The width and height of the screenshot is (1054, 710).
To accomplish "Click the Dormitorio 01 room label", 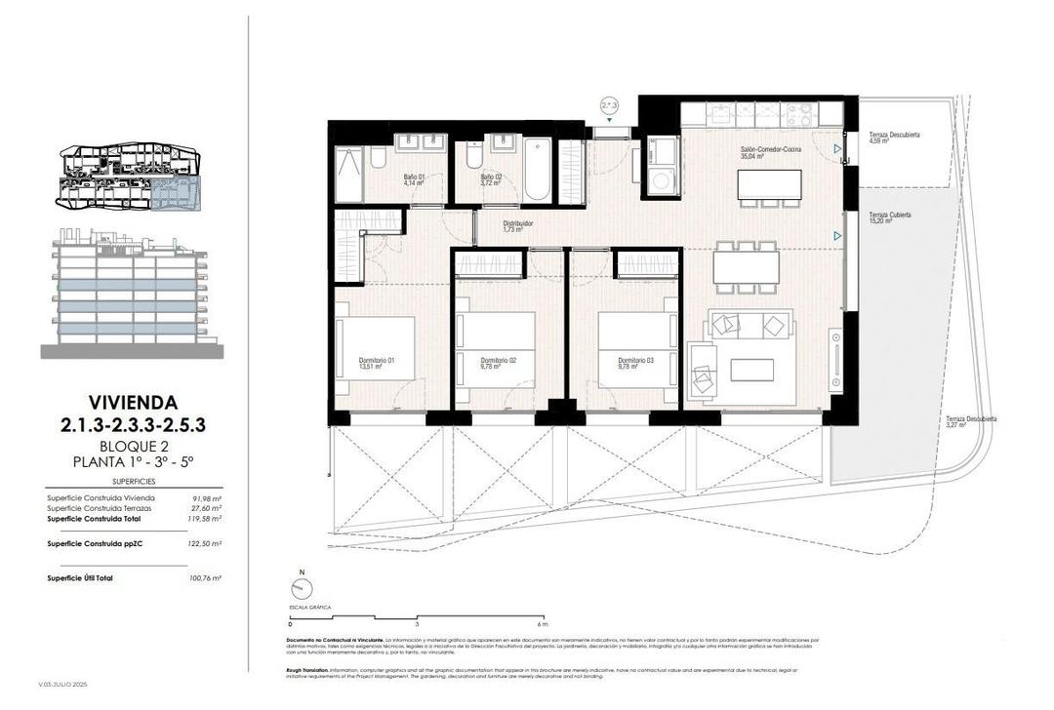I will pos(377,363).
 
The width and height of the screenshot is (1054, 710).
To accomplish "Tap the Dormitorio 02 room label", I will pos(490,363).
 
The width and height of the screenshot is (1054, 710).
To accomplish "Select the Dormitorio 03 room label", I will pos(635,363).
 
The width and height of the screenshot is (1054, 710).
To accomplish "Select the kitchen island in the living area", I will pos(770,184).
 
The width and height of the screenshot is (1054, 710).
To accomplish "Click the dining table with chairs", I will pos(746,267).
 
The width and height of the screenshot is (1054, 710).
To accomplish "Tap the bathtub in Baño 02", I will pos(537,172).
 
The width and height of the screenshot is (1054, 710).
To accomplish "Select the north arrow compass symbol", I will pos(303,587).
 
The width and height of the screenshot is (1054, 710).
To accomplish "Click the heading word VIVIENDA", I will pos(133,401).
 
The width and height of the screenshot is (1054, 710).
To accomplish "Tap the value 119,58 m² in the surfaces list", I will pos(205,519).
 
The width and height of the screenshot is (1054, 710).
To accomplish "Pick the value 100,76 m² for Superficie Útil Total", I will pos(205,578).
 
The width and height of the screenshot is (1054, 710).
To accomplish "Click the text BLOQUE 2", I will pos(133,446).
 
